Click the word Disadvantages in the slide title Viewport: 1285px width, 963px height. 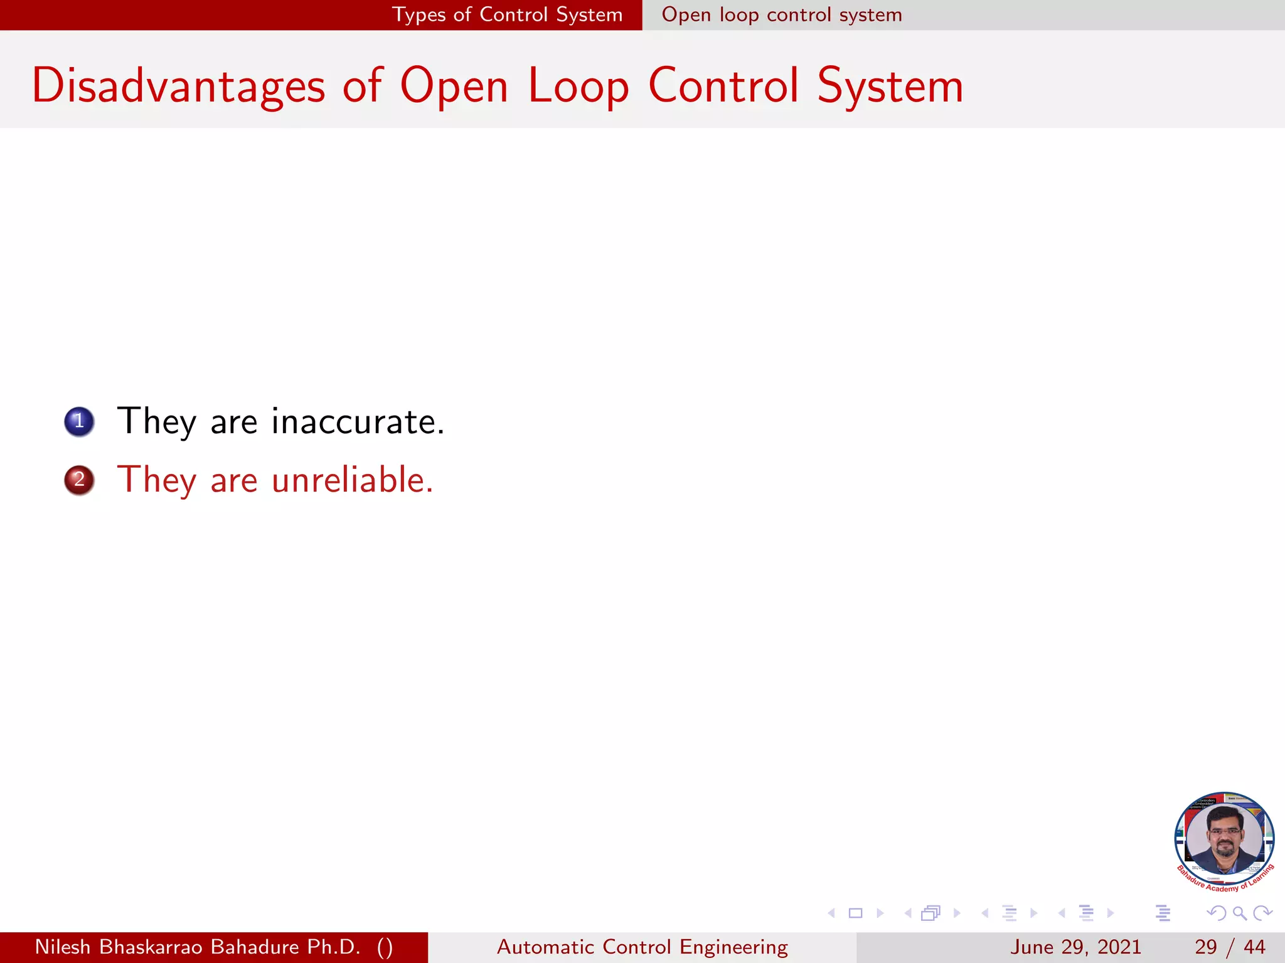(x=178, y=87)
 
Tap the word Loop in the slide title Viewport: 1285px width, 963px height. (x=578, y=87)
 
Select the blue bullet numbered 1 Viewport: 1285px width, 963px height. (x=79, y=421)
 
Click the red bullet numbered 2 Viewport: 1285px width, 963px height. (x=79, y=480)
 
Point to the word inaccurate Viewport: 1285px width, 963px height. (x=358, y=421)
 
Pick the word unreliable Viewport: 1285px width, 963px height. (x=352, y=480)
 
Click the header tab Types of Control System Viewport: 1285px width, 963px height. (x=507, y=14)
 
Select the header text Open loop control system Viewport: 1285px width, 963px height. (x=782, y=14)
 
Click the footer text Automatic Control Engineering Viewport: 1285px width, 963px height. (x=642, y=947)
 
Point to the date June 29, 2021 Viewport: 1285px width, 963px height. (x=1075, y=947)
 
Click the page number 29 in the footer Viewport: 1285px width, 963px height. (x=1205, y=947)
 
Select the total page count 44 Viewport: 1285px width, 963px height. (x=1254, y=947)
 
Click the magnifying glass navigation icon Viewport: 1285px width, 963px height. (x=1239, y=913)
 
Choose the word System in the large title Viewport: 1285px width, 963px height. (x=890, y=87)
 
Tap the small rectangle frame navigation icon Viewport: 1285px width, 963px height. (x=855, y=913)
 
